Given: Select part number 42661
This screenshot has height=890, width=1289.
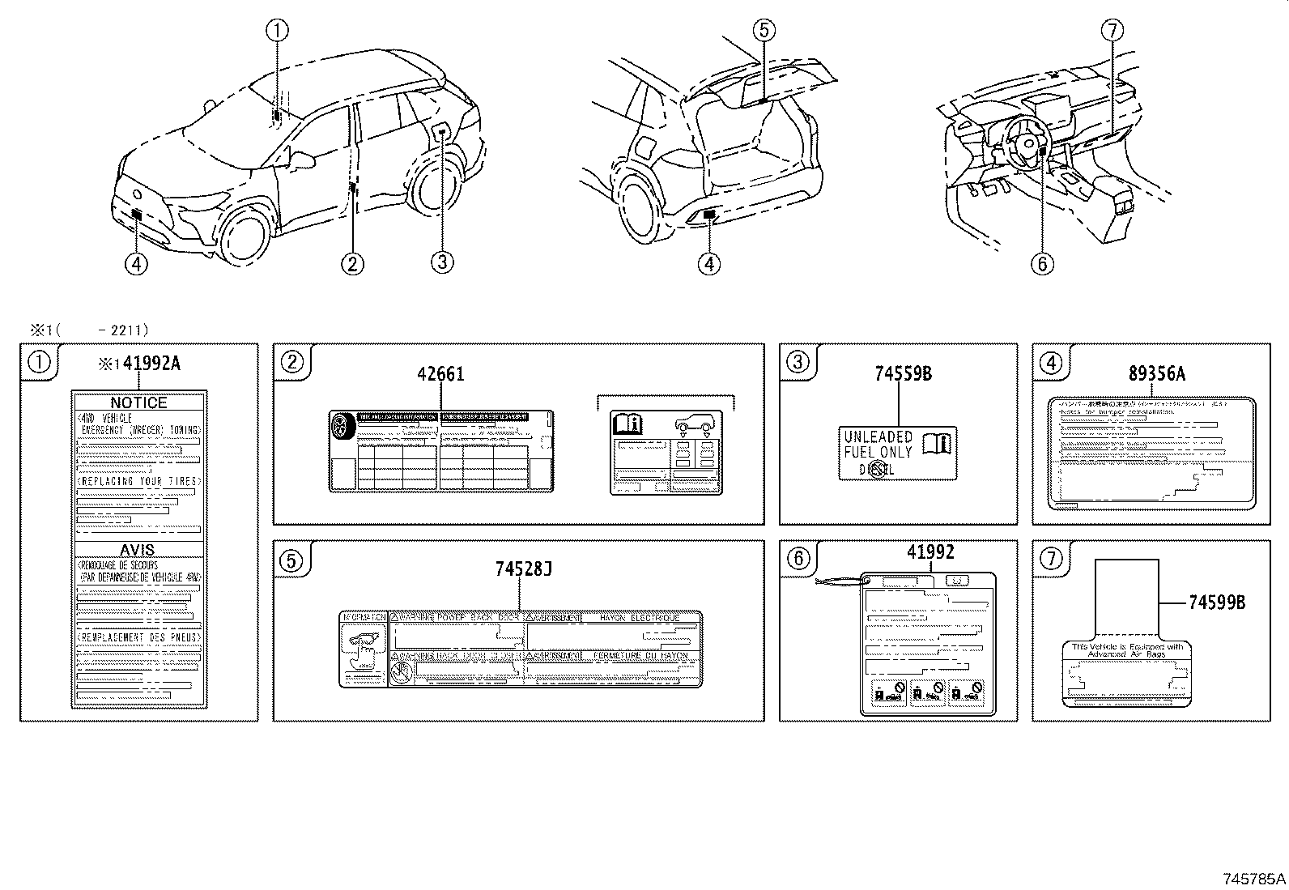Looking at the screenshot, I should [x=440, y=373].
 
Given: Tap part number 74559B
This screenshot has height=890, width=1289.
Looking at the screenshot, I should [x=903, y=373].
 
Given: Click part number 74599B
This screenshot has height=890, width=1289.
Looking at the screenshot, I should [x=1217, y=602].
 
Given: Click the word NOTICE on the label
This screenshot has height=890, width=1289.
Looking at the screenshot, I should [x=138, y=402].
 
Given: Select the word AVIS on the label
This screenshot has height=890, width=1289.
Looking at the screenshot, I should [x=138, y=550].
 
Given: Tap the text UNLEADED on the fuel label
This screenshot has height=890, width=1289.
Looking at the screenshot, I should [x=878, y=437].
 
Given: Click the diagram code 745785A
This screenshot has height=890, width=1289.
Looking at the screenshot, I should [x=1253, y=878].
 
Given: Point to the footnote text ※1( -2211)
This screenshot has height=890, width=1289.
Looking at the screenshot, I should [x=89, y=330].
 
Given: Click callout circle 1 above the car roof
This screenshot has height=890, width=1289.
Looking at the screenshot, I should [x=277, y=31].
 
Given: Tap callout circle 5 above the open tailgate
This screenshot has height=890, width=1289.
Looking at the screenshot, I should [x=764, y=31].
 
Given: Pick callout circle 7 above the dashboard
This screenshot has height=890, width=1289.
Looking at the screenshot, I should [x=1112, y=31].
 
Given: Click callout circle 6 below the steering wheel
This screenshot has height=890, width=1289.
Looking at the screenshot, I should [x=1041, y=262].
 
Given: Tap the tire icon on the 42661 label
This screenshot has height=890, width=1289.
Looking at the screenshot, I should [x=342, y=426].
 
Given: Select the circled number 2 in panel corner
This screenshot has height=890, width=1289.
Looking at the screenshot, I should [x=292, y=362].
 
